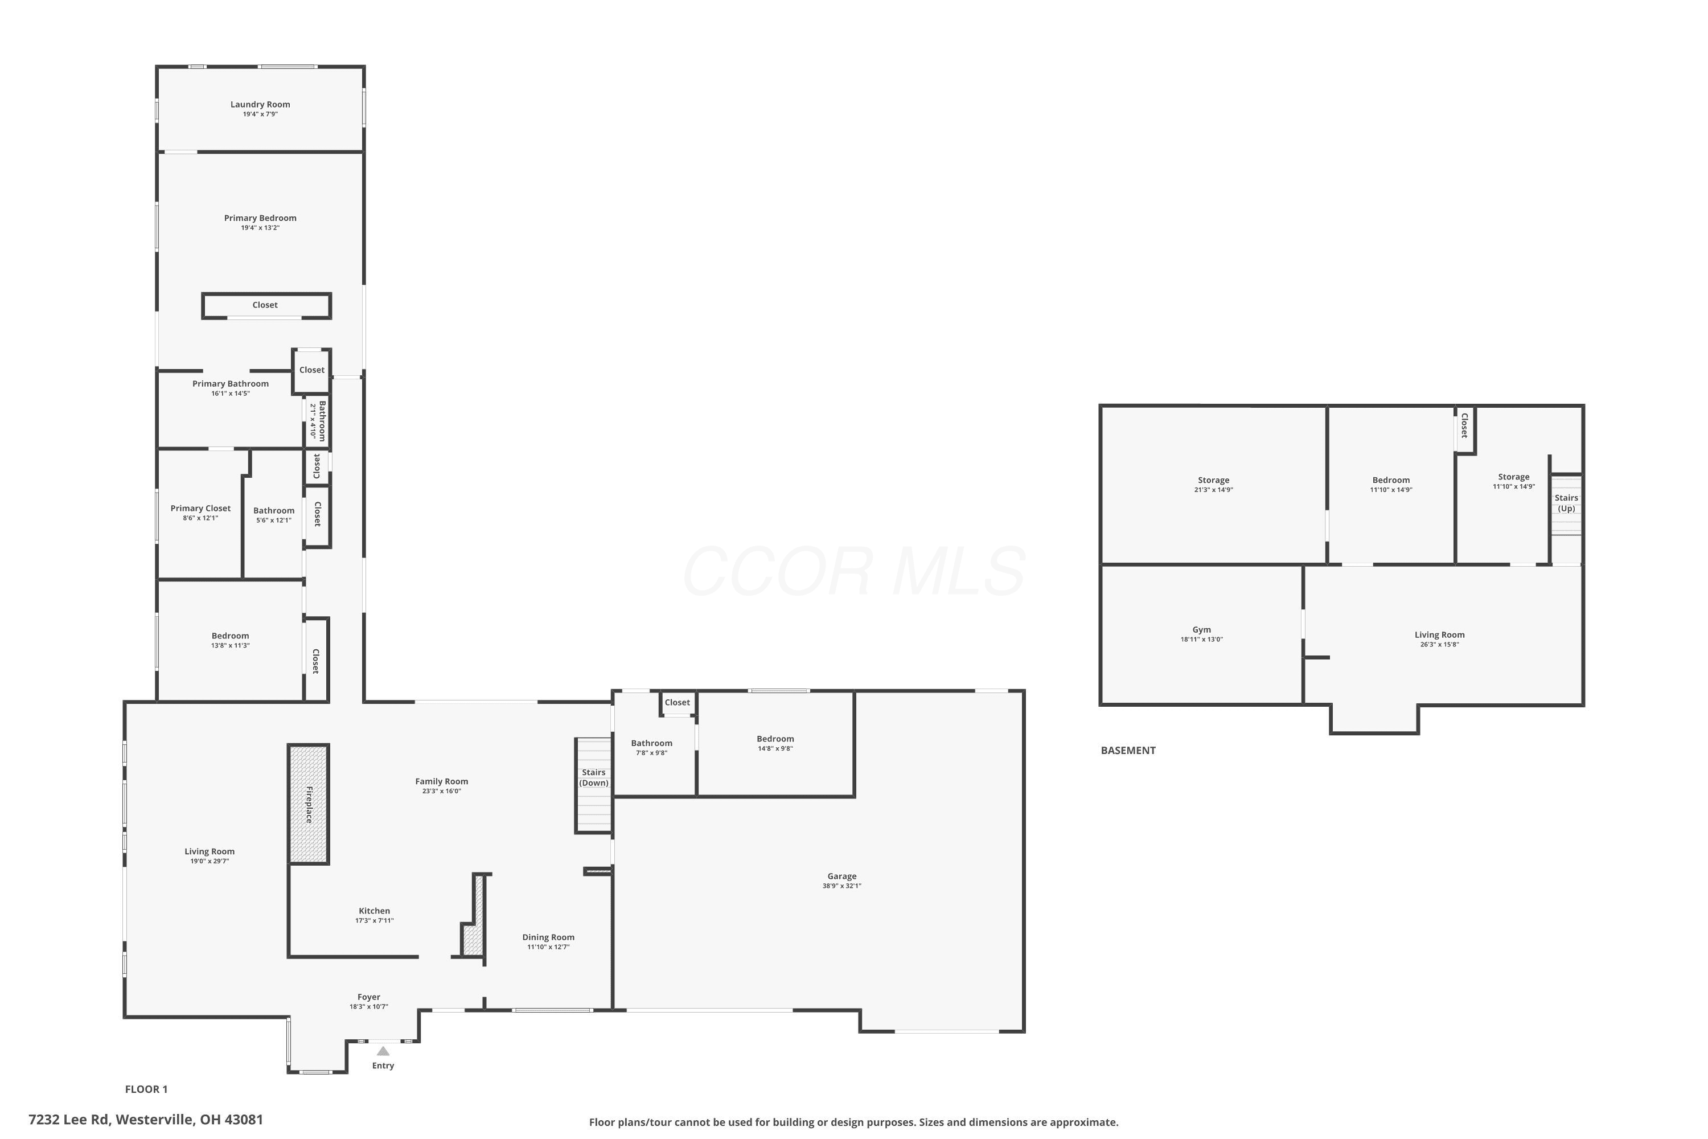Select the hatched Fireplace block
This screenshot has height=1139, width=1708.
(x=309, y=804)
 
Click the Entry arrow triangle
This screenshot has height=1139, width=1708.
(x=383, y=1051)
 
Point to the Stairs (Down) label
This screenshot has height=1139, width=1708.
(x=593, y=777)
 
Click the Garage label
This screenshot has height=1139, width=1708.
(x=841, y=876)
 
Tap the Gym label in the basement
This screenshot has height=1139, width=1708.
(x=1201, y=630)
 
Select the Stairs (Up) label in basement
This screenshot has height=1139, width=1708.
(x=1566, y=503)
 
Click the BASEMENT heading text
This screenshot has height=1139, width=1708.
(x=1128, y=751)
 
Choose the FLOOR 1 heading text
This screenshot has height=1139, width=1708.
(x=146, y=1089)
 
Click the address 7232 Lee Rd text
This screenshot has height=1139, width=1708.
(x=69, y=1120)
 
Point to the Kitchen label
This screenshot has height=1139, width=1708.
(x=374, y=911)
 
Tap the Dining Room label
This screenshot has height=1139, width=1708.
(x=548, y=937)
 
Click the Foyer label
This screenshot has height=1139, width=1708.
(x=369, y=997)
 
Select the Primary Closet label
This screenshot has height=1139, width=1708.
(x=200, y=509)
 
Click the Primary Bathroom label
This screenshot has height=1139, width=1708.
(x=230, y=383)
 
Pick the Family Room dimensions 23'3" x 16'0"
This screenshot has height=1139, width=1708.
(x=442, y=791)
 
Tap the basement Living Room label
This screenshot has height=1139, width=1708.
(x=1439, y=635)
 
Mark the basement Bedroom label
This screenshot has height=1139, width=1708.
(x=1391, y=480)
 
